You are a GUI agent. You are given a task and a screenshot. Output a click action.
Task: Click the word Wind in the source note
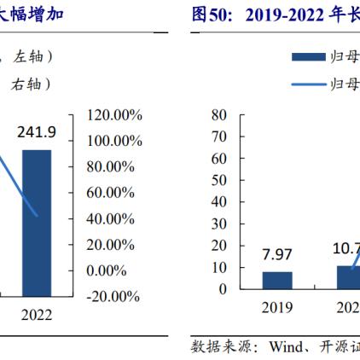click(x=287, y=348)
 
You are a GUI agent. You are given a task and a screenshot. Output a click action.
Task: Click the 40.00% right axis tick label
click(x=114, y=218)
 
